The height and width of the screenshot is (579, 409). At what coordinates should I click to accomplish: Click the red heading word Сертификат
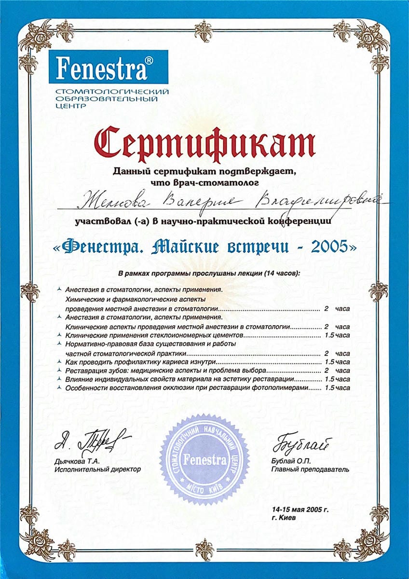[205, 142]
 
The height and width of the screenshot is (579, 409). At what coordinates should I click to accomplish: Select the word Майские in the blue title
[190, 247]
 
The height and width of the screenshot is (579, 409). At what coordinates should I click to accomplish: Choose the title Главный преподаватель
[311, 469]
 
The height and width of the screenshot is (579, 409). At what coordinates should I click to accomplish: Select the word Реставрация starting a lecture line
[83, 370]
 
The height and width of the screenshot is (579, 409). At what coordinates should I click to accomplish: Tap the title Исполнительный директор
[98, 469]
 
